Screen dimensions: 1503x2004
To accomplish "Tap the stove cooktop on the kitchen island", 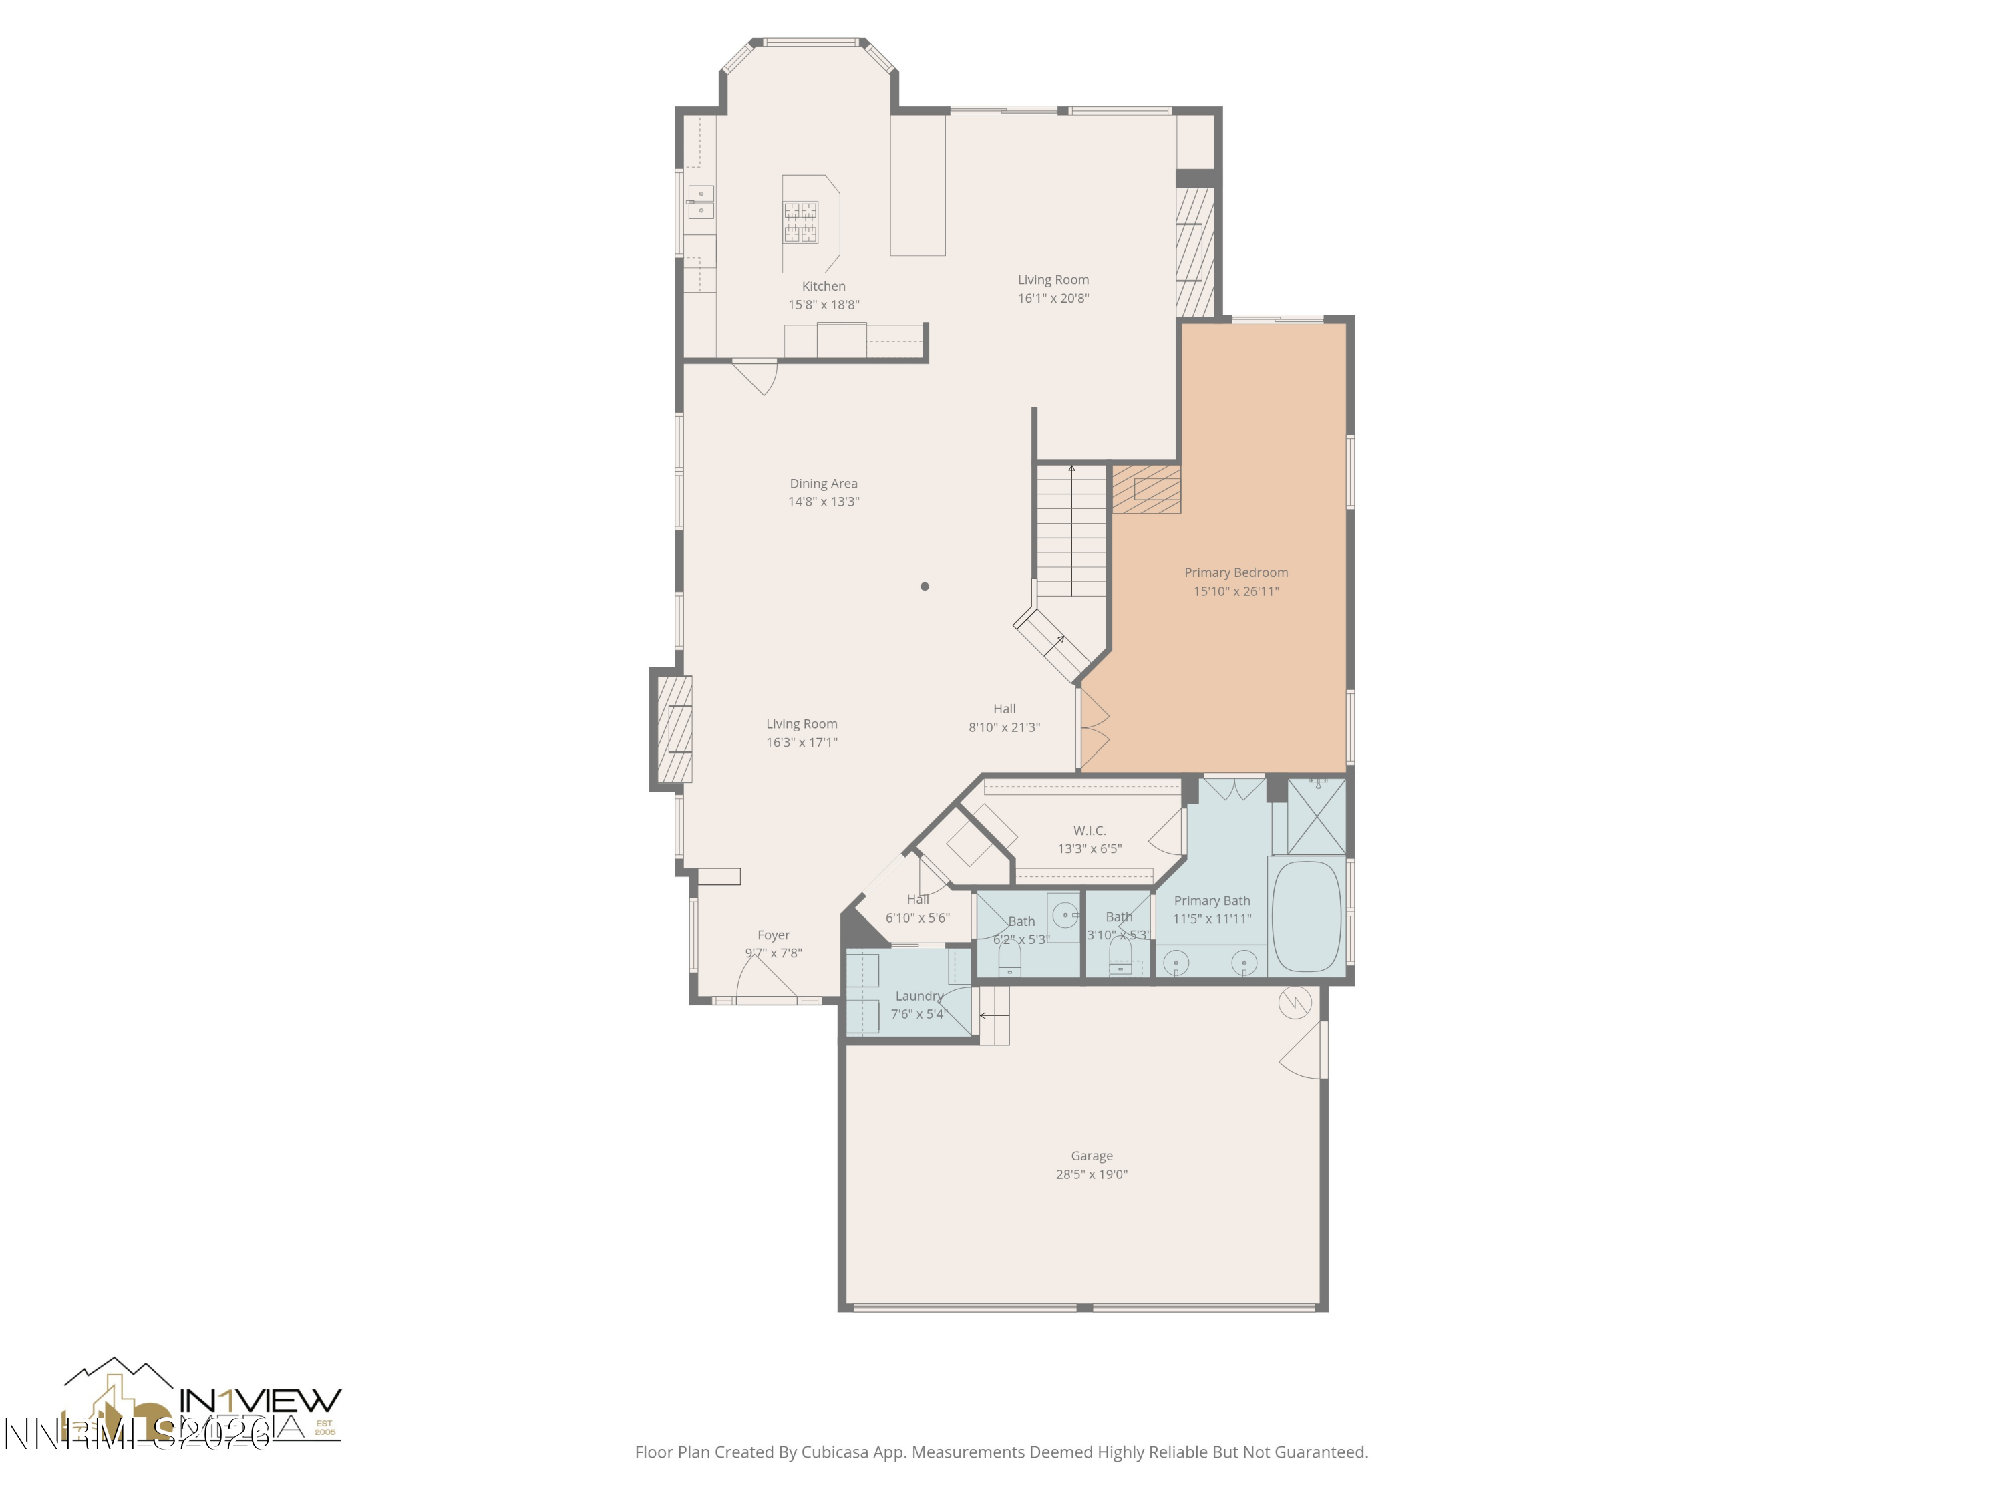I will click(800, 223).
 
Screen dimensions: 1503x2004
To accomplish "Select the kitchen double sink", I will click(700, 202).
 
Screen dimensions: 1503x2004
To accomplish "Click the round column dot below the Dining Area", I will click(924, 586).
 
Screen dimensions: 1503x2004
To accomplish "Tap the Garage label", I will click(1091, 1156).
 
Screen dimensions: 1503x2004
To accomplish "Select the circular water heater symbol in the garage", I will click(1295, 1003).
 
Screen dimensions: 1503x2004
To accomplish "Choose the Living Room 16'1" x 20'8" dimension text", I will click(1053, 298).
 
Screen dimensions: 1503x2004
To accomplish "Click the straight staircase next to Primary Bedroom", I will click(1071, 530).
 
